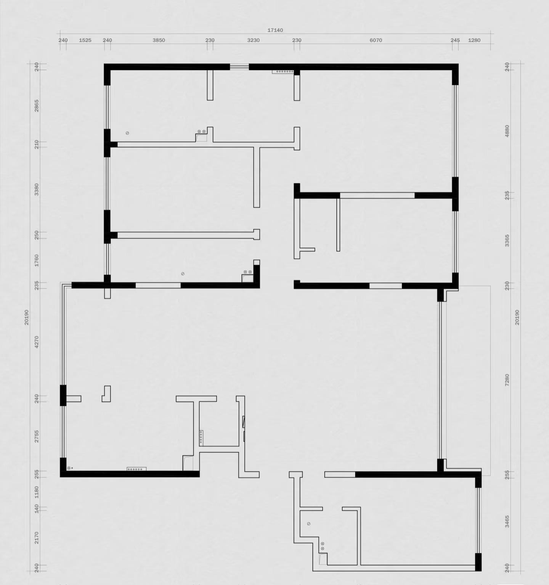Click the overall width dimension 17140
(275, 30)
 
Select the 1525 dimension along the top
(85, 40)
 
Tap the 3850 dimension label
(159, 40)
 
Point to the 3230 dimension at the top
(253, 40)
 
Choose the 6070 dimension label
(376, 40)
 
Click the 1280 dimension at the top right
(474, 40)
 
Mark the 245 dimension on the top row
(455, 40)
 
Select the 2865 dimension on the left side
(37, 106)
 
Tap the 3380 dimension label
(37, 190)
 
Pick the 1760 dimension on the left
(37, 260)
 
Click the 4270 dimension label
(37, 342)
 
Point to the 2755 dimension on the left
(37, 436)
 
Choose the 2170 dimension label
(37, 538)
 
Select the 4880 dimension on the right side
(507, 131)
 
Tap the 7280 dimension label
(507, 380)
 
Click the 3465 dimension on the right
(507, 522)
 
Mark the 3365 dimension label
(507, 241)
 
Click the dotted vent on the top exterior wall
(283, 71)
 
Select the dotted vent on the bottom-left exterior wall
(136, 469)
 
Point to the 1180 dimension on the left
(37, 492)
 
